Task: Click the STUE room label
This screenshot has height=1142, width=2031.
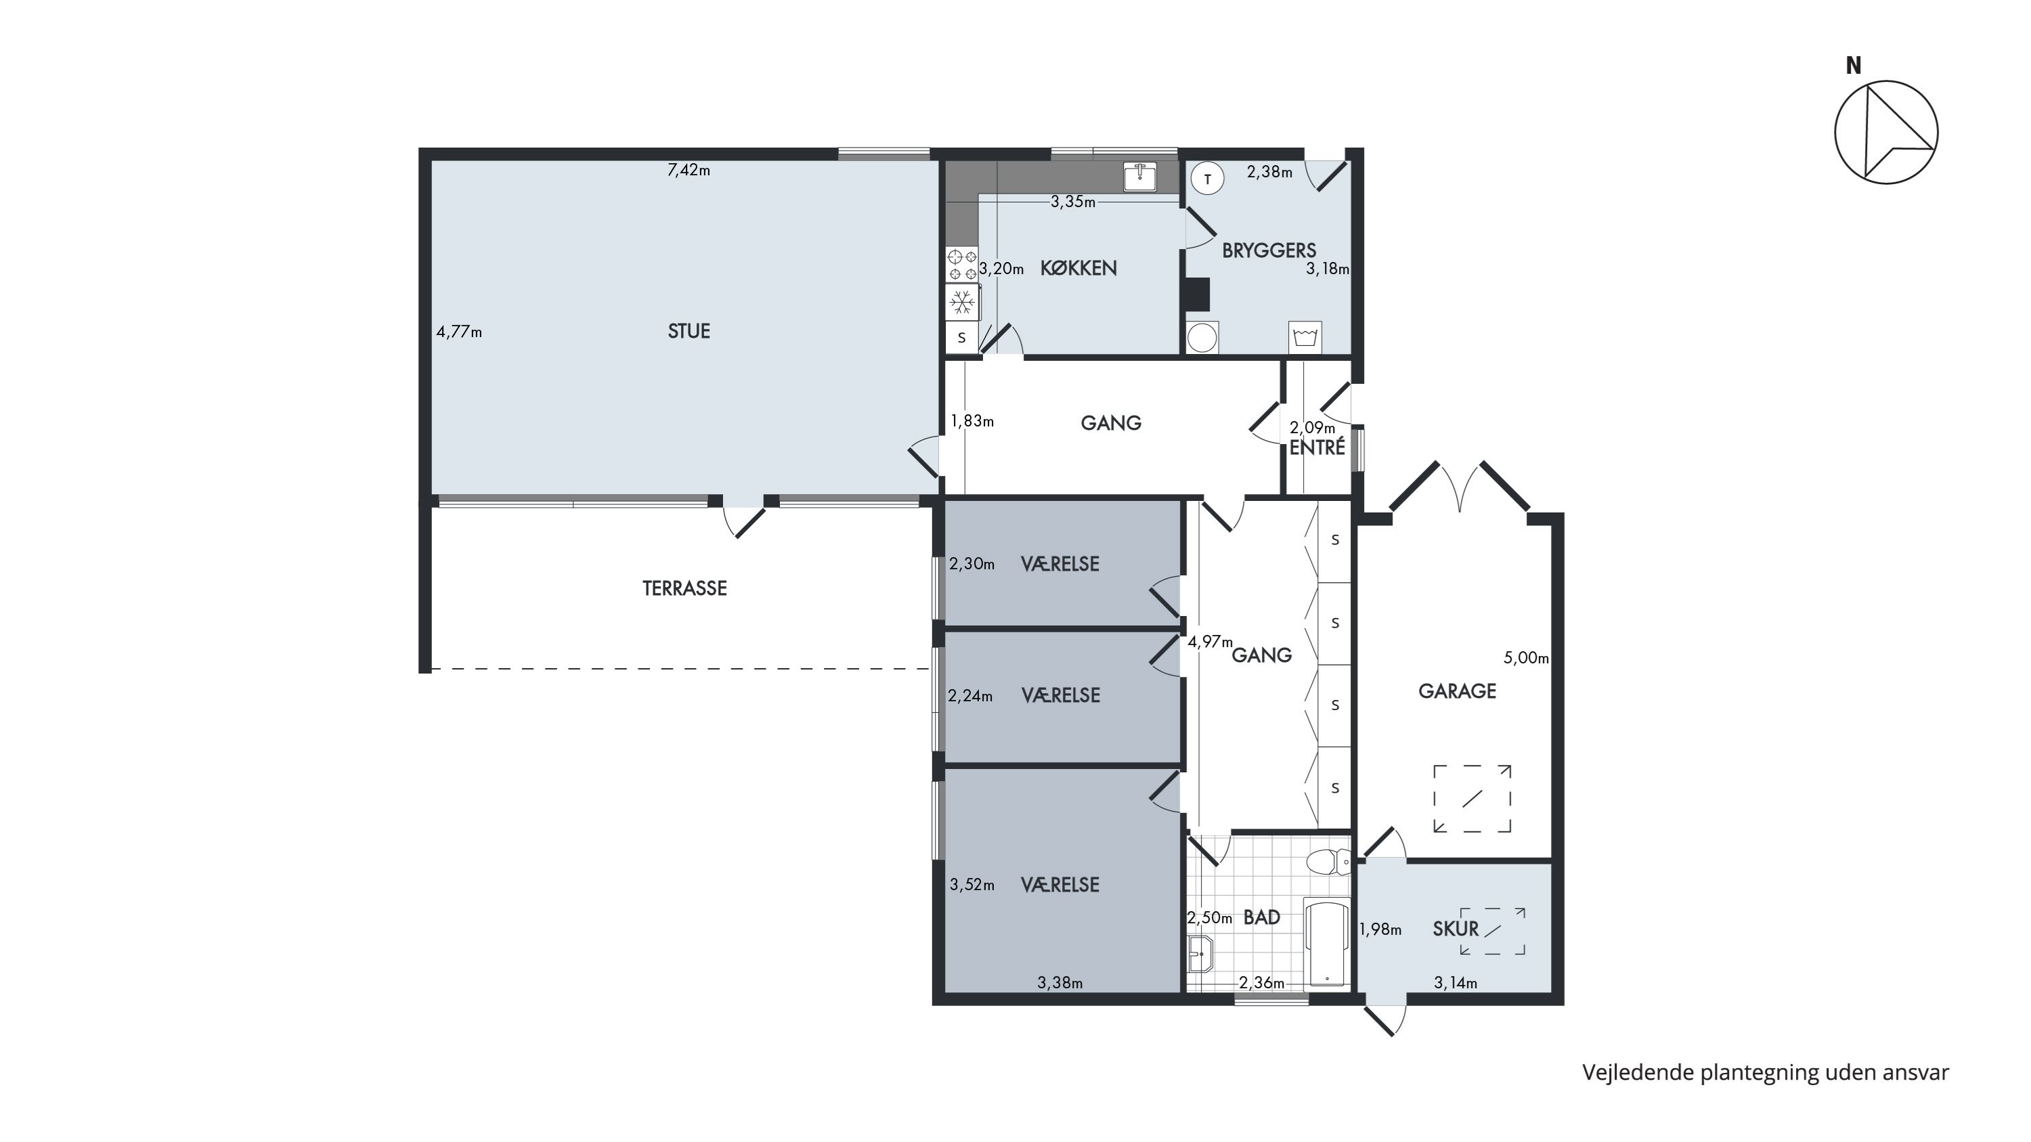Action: click(689, 331)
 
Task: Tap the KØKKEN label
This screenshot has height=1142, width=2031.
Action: click(1078, 268)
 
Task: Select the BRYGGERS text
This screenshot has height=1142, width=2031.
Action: click(1269, 250)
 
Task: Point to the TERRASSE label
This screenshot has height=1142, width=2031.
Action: click(684, 588)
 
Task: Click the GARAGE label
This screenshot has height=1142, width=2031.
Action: click(1457, 691)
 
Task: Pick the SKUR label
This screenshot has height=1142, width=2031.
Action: click(1456, 928)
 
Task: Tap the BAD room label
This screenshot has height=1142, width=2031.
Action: click(1261, 917)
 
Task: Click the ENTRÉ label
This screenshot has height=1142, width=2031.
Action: click(1317, 447)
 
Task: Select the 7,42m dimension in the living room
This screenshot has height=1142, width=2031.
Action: click(689, 170)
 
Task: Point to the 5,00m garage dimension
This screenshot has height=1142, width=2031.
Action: click(1525, 658)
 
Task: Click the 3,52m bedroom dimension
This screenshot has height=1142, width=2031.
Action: click(971, 885)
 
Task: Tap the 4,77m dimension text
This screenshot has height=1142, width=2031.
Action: click(459, 332)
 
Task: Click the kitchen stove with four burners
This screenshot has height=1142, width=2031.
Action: click(962, 265)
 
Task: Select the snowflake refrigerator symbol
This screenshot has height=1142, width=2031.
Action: click(962, 302)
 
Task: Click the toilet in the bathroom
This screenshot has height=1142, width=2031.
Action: click(1328, 862)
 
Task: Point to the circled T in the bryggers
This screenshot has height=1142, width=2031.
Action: click(1207, 179)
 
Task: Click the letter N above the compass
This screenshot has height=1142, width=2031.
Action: click(1854, 66)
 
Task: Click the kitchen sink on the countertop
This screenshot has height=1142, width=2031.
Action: click(1140, 176)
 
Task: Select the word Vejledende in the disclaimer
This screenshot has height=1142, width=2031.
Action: click(1638, 1073)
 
